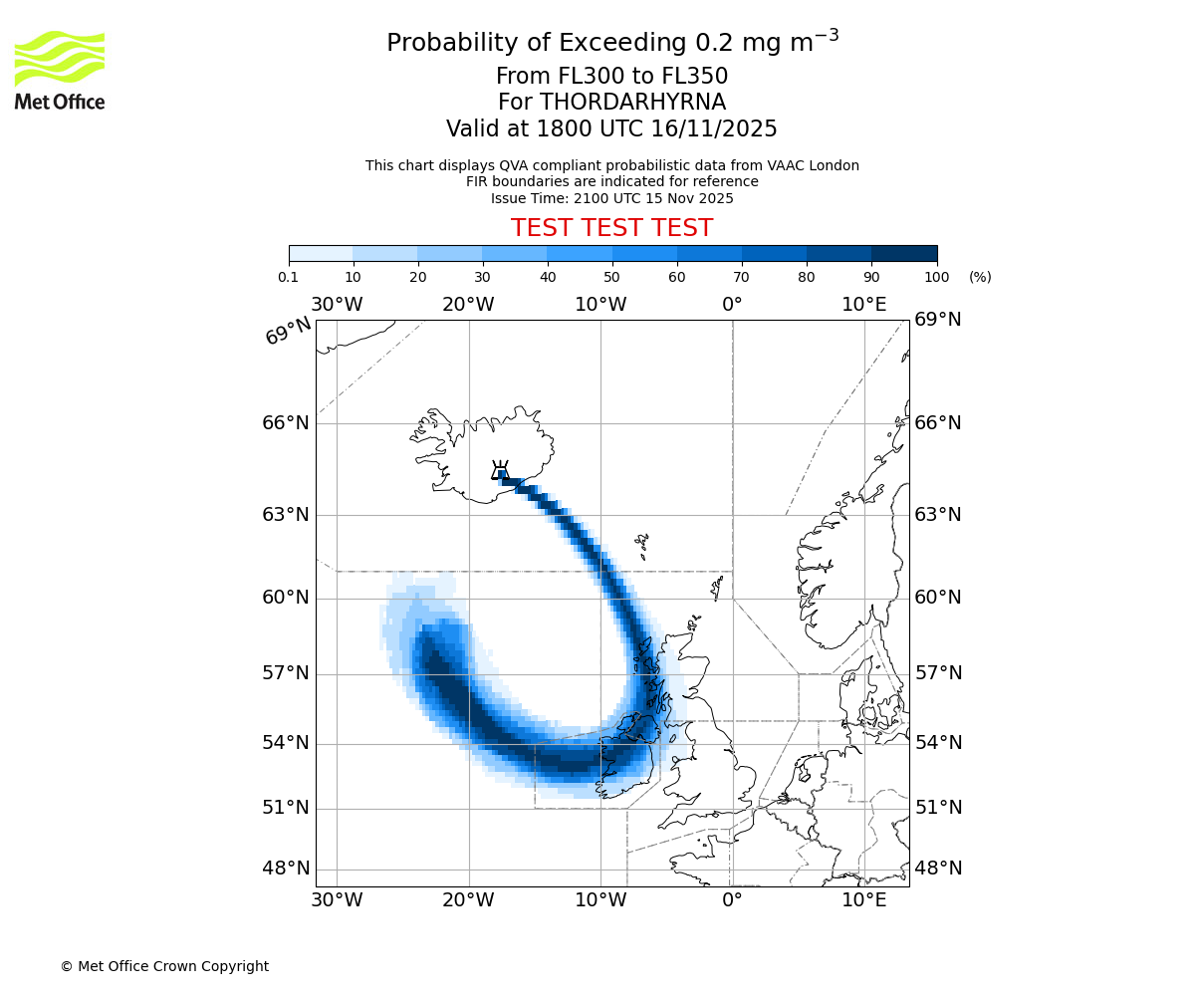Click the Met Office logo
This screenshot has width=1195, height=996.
(x=60, y=70)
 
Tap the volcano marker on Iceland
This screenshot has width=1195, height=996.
(x=501, y=471)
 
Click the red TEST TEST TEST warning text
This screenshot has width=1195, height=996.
(x=611, y=228)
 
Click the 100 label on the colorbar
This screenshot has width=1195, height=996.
(x=937, y=277)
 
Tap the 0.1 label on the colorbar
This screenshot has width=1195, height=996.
(x=289, y=277)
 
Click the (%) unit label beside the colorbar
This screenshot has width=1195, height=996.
(x=980, y=277)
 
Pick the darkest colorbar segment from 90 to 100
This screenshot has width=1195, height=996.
(x=904, y=253)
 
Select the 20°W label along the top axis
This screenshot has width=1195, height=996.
(x=468, y=305)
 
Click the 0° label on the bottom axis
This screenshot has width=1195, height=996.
(x=732, y=901)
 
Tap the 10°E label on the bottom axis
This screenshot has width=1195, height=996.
(x=864, y=901)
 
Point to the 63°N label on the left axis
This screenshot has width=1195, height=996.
(x=286, y=515)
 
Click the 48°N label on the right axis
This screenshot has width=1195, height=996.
(x=938, y=869)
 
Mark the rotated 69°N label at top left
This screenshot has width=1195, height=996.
(x=288, y=332)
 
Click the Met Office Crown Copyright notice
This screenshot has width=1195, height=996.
(x=164, y=966)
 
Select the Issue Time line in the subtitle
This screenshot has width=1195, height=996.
(x=611, y=198)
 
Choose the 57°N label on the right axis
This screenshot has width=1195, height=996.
(x=938, y=673)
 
